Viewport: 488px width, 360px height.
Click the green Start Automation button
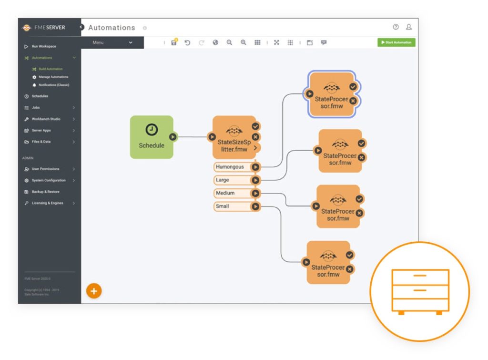click(396, 42)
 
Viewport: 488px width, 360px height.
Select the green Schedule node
click(151, 137)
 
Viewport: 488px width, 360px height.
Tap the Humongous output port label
click(230, 167)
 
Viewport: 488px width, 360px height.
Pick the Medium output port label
click(225, 193)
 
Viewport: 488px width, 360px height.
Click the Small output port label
click(223, 206)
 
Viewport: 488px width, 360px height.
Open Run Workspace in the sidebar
click(44, 46)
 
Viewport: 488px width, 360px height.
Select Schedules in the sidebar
click(40, 96)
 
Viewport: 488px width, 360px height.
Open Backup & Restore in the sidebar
click(45, 192)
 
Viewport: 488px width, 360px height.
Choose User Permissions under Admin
click(45, 169)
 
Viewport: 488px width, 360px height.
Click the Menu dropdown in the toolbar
click(112, 42)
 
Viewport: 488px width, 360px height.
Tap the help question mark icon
click(396, 27)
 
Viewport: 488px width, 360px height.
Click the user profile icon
click(409, 27)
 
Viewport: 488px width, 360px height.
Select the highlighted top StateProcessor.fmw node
click(331, 95)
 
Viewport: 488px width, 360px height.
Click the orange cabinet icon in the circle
click(420, 291)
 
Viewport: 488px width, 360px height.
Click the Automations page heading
click(112, 28)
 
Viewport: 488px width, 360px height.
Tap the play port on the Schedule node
click(173, 137)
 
